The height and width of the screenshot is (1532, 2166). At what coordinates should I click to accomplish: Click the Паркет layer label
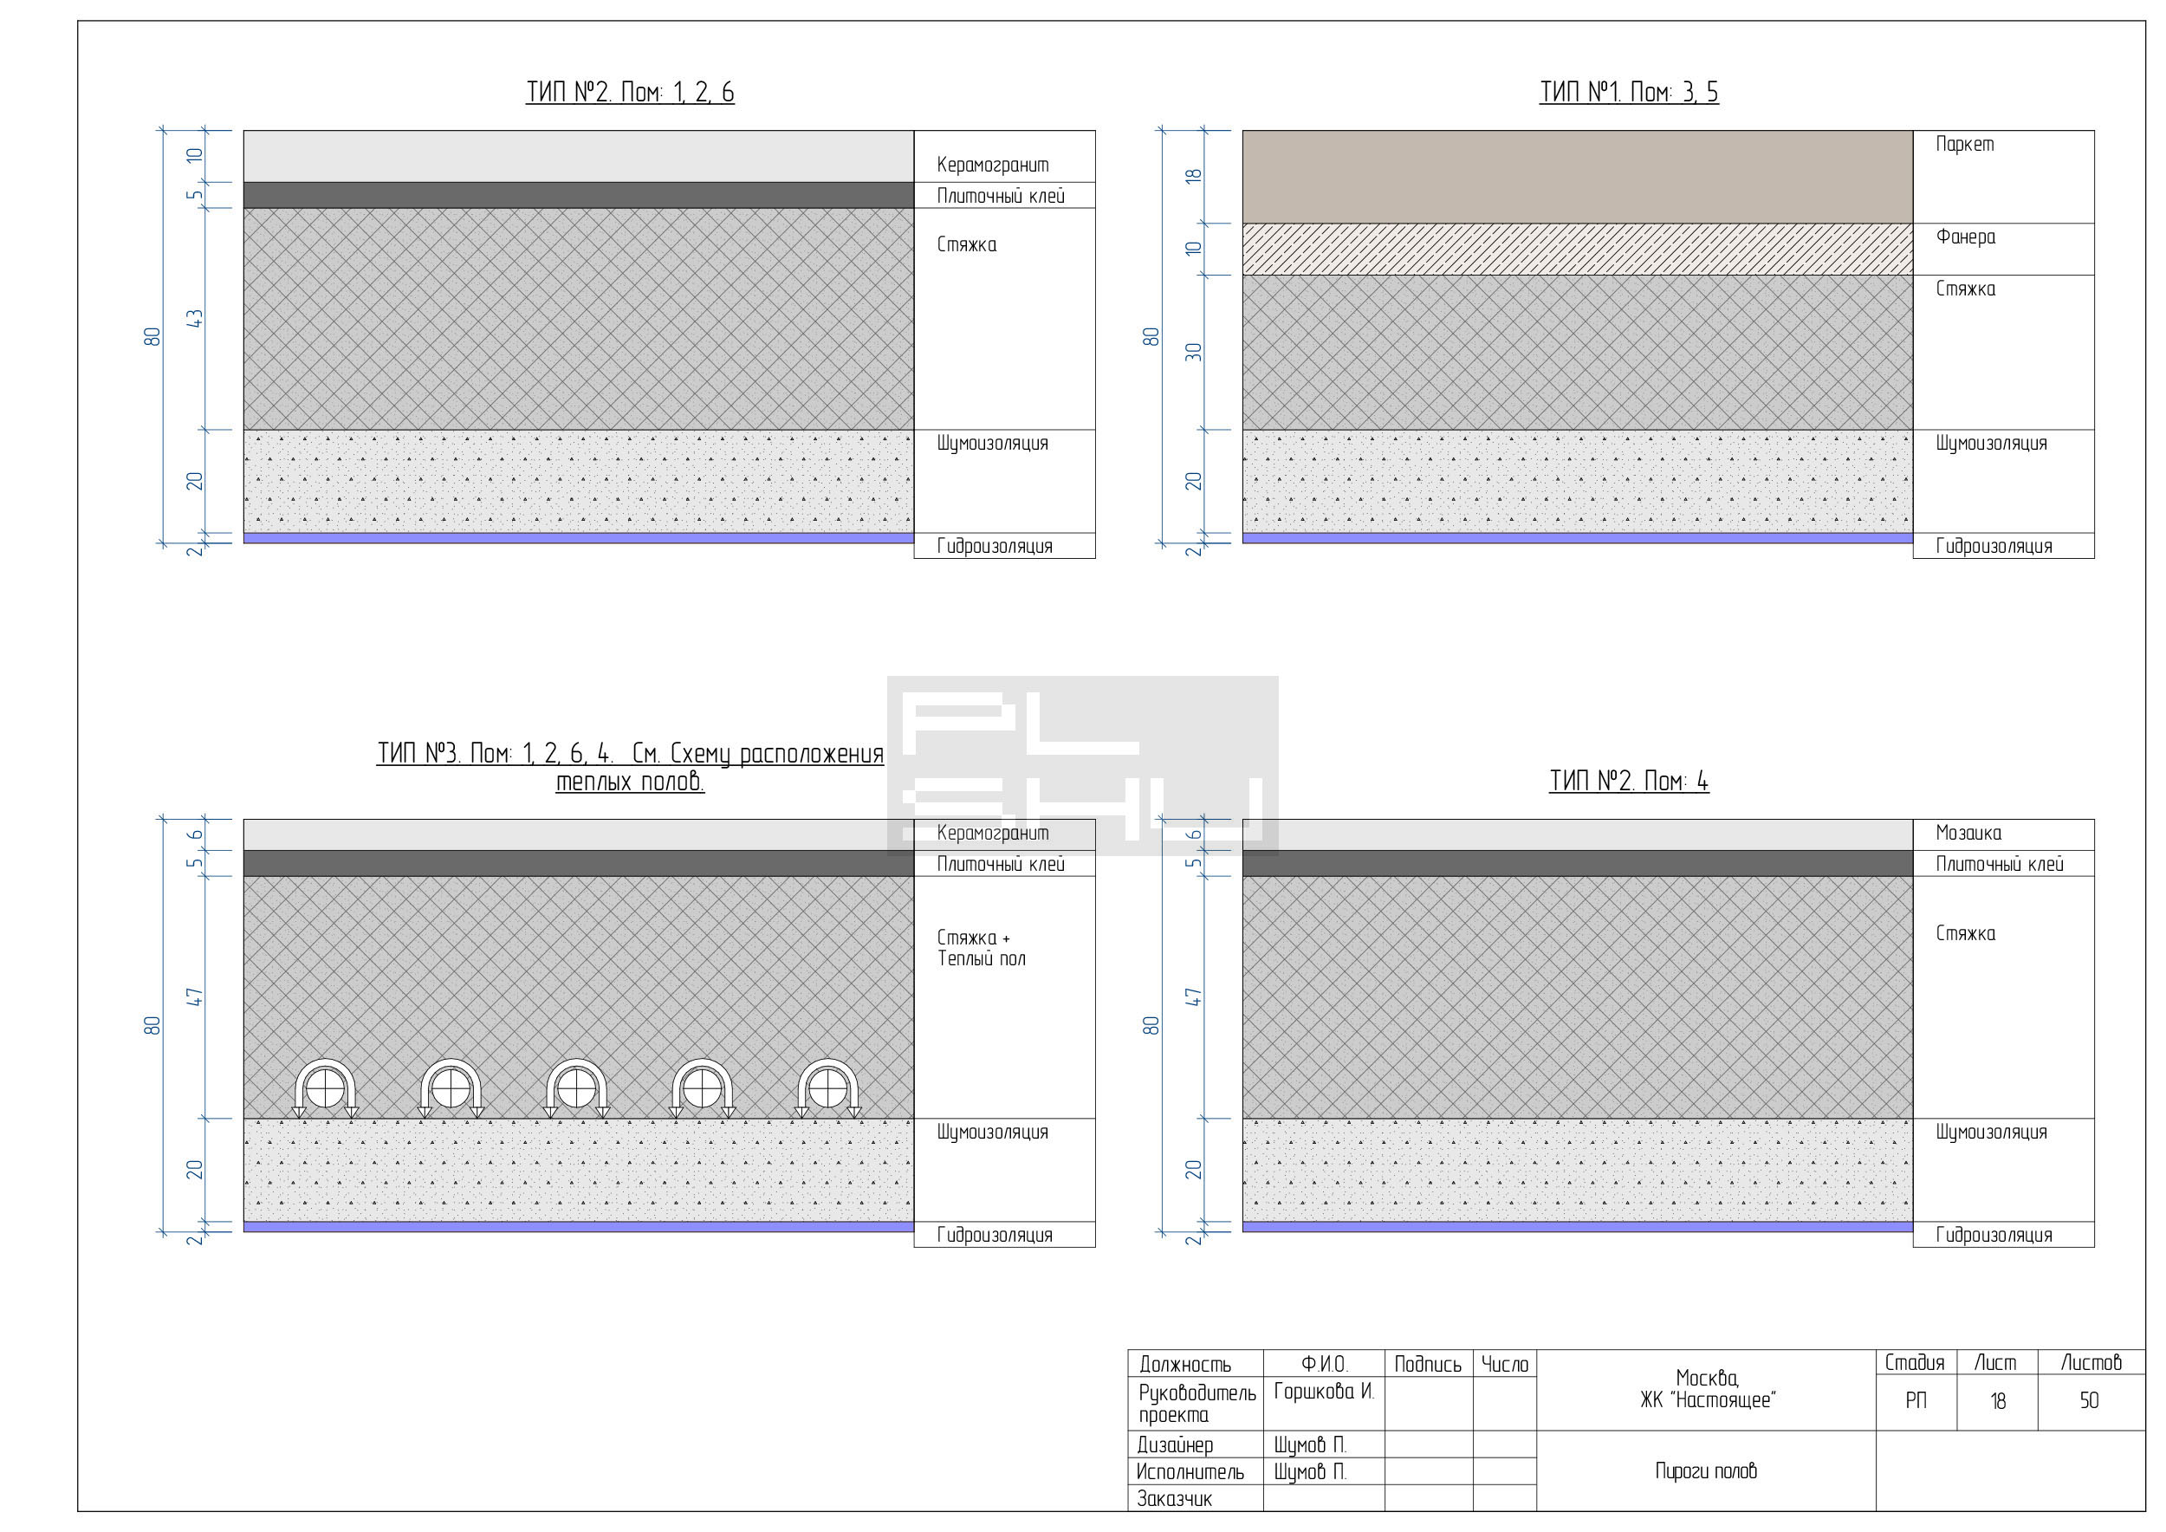(x=1964, y=145)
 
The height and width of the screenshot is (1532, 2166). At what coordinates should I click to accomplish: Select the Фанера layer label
(x=1965, y=237)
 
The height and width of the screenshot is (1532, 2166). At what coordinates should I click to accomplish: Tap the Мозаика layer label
(x=1968, y=833)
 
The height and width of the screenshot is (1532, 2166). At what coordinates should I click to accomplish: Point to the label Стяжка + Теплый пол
(x=981, y=948)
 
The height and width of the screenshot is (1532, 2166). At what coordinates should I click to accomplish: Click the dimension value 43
(x=195, y=319)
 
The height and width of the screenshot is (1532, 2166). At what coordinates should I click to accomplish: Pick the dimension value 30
(x=1194, y=352)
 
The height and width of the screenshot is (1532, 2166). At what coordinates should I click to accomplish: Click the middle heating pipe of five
(x=576, y=1088)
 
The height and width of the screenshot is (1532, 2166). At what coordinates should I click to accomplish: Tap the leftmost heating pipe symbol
(x=325, y=1088)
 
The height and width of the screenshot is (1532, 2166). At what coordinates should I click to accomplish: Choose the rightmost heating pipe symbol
(x=827, y=1088)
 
